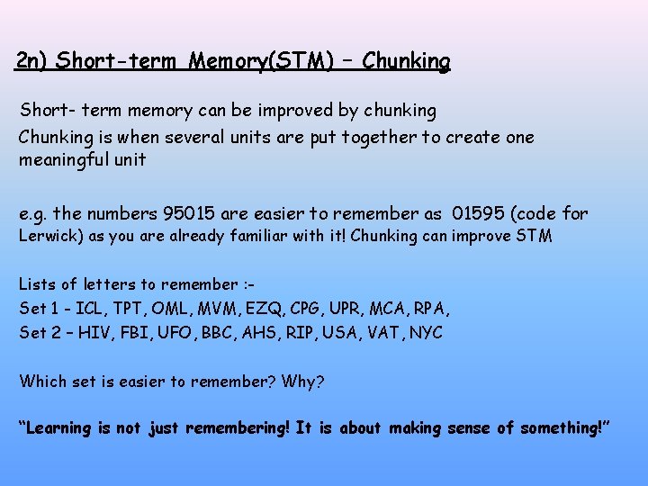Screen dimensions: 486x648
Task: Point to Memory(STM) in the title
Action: tap(256, 61)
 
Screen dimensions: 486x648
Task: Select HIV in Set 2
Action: tap(95, 332)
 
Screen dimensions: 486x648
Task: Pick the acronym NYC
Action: tap(425, 332)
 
